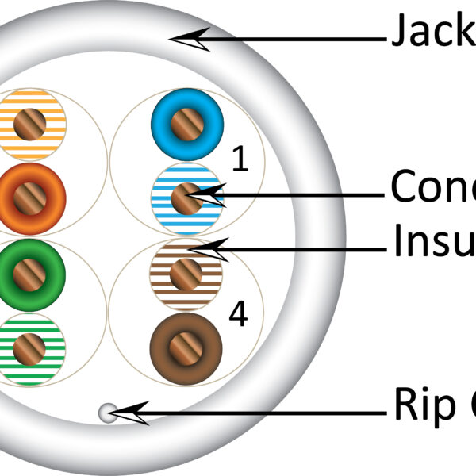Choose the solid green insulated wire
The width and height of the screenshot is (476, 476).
[30, 274]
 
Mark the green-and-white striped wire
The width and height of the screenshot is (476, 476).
[30, 349]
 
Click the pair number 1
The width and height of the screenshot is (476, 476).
[239, 159]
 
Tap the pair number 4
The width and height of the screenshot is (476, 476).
[237, 314]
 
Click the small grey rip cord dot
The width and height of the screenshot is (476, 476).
[106, 412]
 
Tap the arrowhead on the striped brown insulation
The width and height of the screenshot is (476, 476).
[210, 248]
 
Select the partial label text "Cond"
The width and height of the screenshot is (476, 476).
[432, 187]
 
